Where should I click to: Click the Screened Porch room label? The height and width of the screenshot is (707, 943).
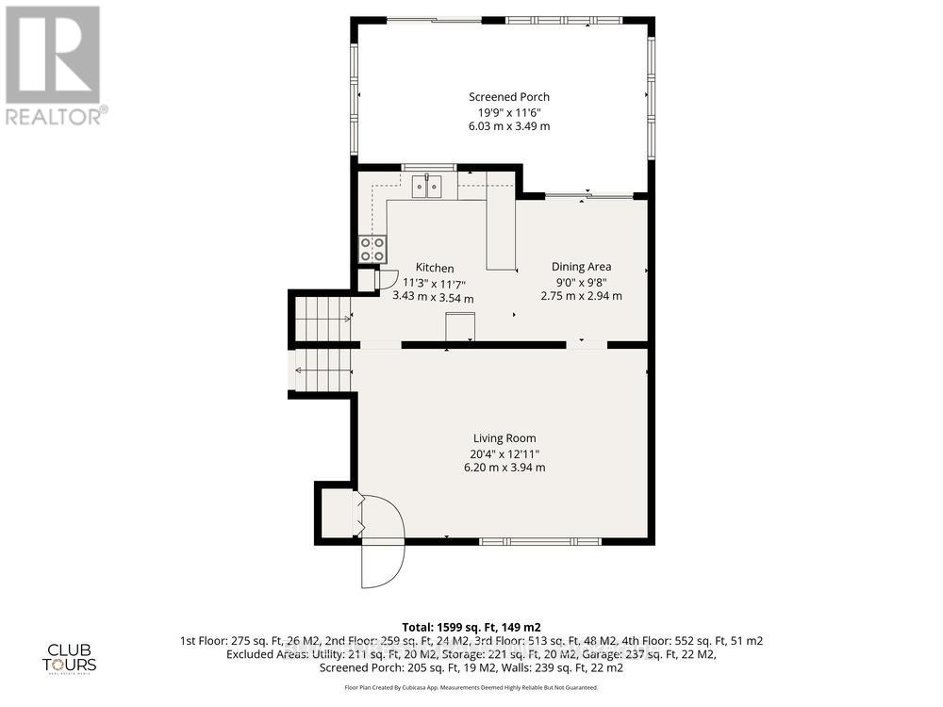click(x=509, y=97)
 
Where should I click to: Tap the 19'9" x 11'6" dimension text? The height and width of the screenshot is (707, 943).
click(x=509, y=112)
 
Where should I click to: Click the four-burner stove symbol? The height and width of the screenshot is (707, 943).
click(x=372, y=249)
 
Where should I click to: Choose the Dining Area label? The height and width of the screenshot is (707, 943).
click(x=581, y=267)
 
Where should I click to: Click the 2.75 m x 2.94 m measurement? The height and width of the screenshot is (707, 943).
click(x=581, y=296)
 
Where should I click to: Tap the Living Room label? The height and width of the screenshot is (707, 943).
click(x=505, y=438)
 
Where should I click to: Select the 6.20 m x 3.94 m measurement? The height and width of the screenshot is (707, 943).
click(x=505, y=468)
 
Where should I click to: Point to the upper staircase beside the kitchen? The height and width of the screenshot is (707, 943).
click(x=321, y=319)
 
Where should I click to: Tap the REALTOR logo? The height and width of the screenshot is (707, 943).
click(x=55, y=66)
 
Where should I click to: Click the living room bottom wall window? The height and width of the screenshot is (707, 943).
click(x=539, y=541)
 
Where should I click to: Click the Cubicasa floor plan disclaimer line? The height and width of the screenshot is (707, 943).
click(x=471, y=688)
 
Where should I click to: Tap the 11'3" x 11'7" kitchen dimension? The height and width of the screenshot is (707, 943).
click(x=435, y=284)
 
